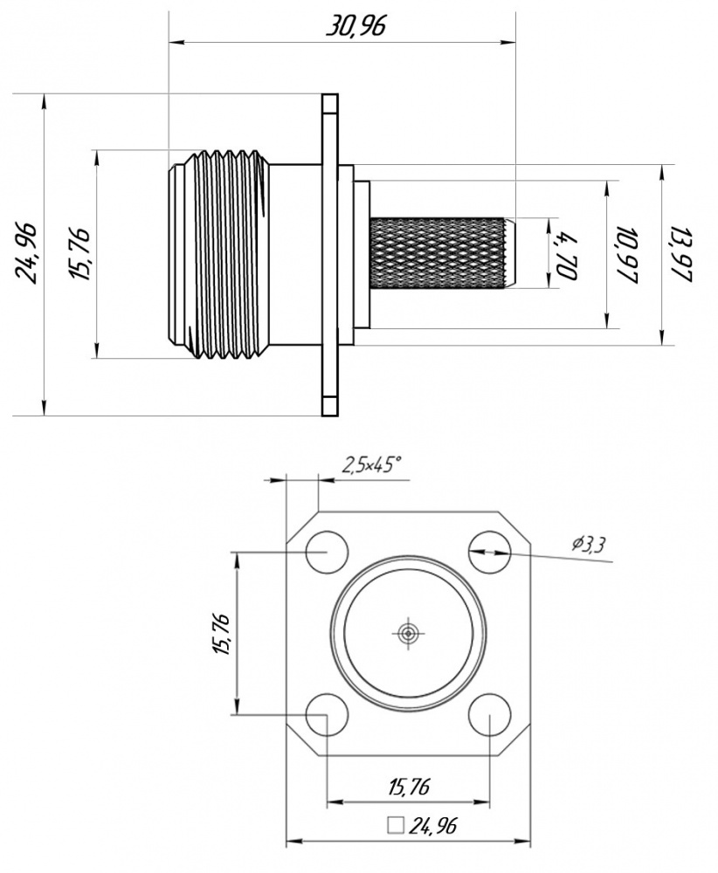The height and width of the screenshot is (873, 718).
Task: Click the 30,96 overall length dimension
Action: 356,26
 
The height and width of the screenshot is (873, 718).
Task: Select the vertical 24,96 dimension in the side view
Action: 25,253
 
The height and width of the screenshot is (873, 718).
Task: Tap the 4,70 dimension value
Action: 567,255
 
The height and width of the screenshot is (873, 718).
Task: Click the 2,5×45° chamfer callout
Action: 372,465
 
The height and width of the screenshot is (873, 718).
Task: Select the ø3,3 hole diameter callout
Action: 590,546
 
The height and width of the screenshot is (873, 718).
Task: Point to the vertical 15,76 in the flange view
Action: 220,634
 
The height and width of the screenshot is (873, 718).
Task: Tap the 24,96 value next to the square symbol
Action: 434,825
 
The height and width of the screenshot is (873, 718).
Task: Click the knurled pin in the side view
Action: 439,253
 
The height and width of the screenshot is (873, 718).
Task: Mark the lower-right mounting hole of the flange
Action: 488,715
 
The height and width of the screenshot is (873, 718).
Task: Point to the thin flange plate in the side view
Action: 329,253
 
